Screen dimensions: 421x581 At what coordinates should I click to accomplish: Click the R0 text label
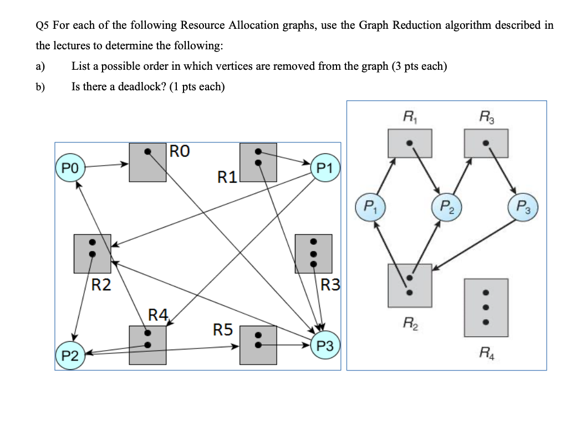(181, 151)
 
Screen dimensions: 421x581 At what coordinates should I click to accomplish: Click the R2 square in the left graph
(93, 253)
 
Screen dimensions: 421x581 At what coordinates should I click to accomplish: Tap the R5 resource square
(258, 345)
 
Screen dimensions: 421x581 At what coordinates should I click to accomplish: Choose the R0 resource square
(147, 162)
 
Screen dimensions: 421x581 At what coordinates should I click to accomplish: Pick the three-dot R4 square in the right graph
(486, 307)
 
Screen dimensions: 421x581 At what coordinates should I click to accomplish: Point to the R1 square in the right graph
(410, 142)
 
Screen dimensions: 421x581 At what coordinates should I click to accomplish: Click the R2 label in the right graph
(409, 321)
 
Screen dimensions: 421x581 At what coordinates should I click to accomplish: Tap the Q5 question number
(42, 25)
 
